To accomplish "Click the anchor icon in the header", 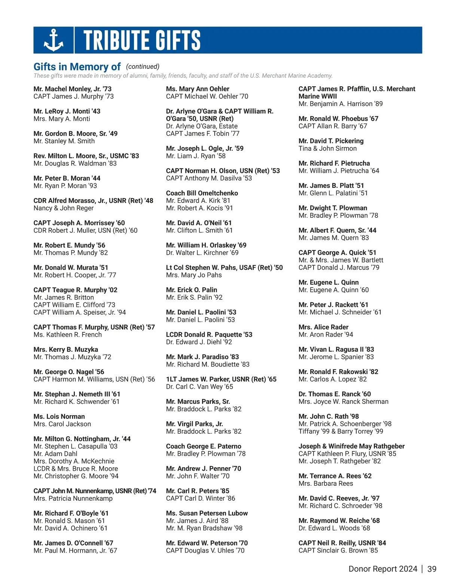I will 54,40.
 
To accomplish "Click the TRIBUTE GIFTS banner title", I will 142,40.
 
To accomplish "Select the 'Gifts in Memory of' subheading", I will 77,67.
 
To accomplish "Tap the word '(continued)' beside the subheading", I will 143,67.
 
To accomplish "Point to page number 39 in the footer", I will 432,569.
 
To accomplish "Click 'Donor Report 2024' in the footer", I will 382,569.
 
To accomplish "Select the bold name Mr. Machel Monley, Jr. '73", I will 72,89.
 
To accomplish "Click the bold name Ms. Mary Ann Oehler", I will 198,89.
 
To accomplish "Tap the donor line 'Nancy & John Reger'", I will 64,208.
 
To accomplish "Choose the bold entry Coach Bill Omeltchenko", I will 202,193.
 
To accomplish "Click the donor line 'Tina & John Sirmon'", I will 327,149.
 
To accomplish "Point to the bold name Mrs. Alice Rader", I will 323,327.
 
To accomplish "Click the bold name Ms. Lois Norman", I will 59,416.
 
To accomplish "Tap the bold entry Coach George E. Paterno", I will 204,446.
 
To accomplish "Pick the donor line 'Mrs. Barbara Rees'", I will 326,483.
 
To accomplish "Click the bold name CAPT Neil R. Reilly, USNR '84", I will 342,543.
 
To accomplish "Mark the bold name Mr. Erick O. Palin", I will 191,290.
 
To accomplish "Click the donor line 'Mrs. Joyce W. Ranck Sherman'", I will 343,402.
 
